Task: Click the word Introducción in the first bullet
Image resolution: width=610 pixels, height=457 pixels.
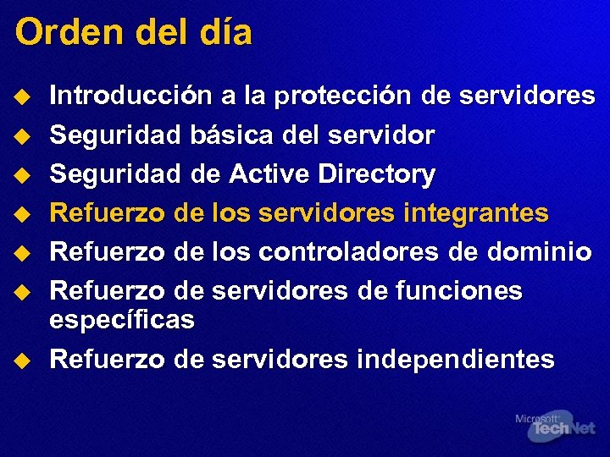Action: pyautogui.click(x=132, y=96)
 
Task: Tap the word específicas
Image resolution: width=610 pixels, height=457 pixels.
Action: pyautogui.click(x=123, y=320)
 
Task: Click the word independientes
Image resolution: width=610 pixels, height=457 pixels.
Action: pyautogui.click(x=456, y=359)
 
